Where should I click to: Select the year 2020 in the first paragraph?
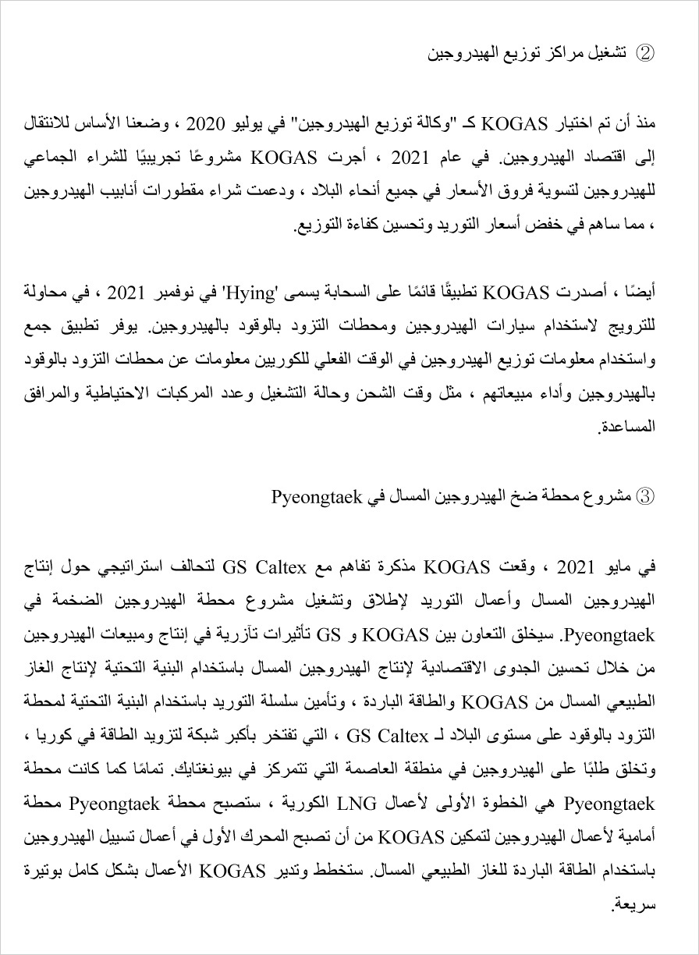coord(206,124)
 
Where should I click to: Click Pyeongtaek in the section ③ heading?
coord(310,495)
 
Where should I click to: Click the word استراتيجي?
coord(130,566)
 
